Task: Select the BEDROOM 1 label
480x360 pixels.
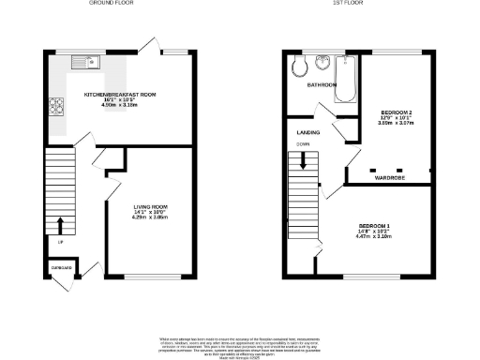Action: click(375, 226)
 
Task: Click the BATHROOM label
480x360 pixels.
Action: click(324, 84)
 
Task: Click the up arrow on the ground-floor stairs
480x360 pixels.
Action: click(60, 225)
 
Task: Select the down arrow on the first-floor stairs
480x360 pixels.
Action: click(303, 161)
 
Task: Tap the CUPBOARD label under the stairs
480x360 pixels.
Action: click(61, 268)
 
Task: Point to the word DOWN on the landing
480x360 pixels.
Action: click(302, 144)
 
